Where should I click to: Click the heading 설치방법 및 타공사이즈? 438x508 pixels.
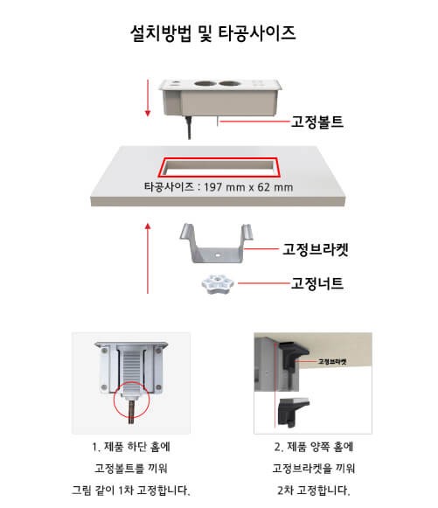(x=212, y=33)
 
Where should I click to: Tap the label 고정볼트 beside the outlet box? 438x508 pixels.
(x=317, y=122)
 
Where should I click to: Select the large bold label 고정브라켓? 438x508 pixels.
(x=316, y=249)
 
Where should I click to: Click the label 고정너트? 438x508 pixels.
(x=317, y=283)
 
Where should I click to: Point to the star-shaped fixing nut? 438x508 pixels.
(x=218, y=284)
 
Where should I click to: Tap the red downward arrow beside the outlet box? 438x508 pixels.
(x=148, y=98)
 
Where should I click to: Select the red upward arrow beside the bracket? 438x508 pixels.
(x=148, y=258)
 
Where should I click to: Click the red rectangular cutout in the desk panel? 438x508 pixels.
(x=219, y=159)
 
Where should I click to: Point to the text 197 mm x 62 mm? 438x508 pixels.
(x=248, y=187)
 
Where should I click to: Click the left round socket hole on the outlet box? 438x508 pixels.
(x=205, y=84)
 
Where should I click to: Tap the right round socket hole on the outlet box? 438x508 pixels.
(x=229, y=84)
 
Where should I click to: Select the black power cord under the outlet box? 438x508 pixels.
(x=188, y=127)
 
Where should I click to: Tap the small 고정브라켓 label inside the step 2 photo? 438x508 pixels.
(x=332, y=361)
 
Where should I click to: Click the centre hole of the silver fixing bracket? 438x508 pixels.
(x=218, y=255)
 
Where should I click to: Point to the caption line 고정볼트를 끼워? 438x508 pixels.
(x=131, y=469)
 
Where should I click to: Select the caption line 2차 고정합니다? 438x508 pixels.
(x=313, y=491)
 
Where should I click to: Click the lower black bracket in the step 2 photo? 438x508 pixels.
(x=294, y=412)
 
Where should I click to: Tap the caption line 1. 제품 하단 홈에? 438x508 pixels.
(x=131, y=447)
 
